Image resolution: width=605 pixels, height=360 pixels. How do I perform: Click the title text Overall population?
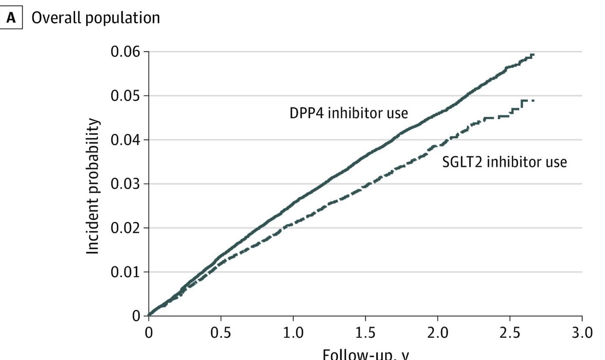click(96, 18)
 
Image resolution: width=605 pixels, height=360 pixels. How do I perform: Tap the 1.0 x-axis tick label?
click(293, 334)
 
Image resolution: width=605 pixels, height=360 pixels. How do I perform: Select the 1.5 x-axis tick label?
click(365, 334)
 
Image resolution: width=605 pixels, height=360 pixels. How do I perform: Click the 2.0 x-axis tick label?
click(437, 334)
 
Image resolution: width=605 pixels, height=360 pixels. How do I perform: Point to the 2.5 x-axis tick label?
click(510, 334)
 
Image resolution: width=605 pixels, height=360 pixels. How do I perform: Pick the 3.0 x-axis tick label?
click(582, 334)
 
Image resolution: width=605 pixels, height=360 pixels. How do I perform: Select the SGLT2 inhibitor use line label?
click(504, 162)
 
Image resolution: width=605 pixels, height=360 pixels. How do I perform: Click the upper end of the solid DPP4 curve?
click(533, 54)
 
